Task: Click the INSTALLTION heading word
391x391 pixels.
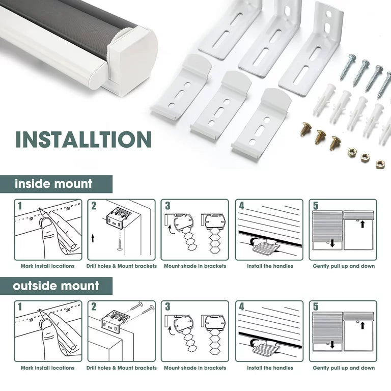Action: coord(83,139)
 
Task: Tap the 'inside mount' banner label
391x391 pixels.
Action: coord(53,184)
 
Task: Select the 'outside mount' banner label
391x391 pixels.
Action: coord(56,286)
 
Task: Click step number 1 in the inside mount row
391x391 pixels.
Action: coord(20,206)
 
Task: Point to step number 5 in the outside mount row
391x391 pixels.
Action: coord(316,306)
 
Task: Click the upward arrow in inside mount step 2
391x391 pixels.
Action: coord(93,238)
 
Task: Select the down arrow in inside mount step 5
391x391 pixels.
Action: coord(332,243)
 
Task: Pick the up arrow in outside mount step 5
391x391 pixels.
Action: coord(362,325)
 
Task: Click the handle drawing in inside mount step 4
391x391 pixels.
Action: coord(266,248)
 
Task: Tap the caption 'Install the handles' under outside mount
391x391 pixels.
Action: coord(270,368)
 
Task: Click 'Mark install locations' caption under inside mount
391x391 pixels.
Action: coord(48,266)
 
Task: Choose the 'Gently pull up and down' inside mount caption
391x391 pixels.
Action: coord(344,266)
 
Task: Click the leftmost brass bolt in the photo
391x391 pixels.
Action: coord(305,129)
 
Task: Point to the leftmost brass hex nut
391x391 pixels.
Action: coord(351,151)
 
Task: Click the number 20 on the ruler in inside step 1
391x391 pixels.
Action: coord(68,208)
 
